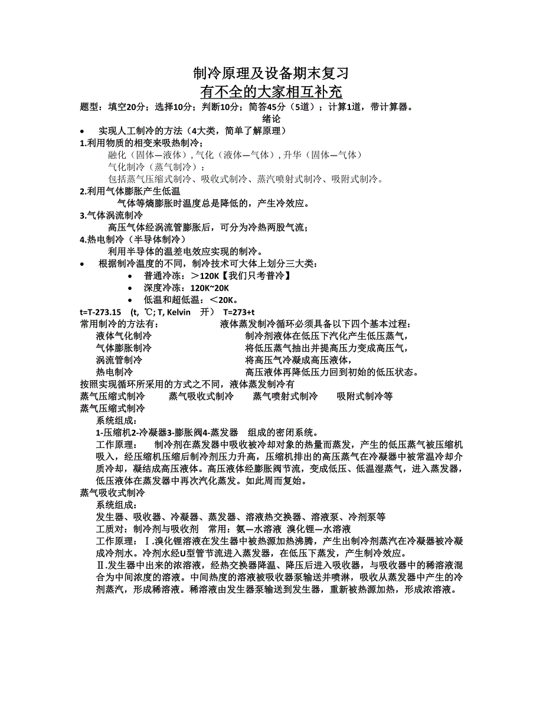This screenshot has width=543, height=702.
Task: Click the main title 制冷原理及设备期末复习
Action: point(271,74)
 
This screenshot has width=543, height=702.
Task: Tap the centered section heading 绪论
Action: point(271,118)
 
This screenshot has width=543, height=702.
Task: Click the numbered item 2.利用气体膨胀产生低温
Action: point(130,192)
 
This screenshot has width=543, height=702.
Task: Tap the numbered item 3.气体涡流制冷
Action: point(112,216)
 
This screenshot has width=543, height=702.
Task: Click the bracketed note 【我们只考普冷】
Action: point(259,276)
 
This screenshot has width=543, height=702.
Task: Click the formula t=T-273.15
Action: point(100,312)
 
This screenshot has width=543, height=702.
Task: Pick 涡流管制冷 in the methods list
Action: point(119,360)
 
